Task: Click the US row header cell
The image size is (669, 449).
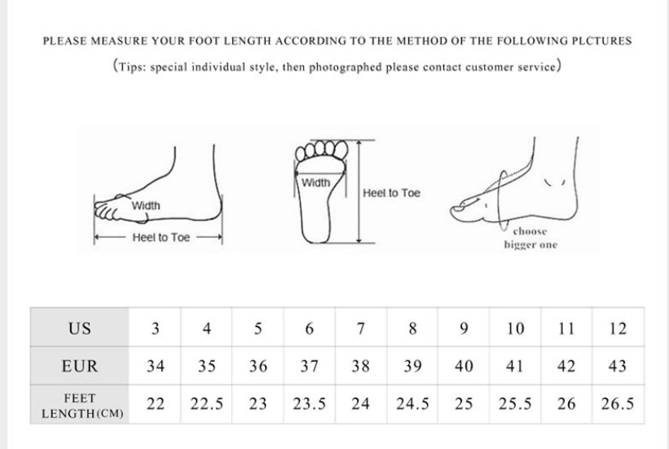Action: (79, 327)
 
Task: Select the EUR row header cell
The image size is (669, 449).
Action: (79, 365)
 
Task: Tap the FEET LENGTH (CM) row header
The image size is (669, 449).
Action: (79, 405)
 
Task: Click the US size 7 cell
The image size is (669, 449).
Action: (361, 327)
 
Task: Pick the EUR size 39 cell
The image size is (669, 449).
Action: (412, 365)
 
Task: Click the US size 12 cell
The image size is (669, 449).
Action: (618, 327)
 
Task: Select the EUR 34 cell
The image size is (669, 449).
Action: (156, 365)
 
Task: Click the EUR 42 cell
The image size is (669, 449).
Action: (566, 365)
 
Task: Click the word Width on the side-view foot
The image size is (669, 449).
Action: (146, 206)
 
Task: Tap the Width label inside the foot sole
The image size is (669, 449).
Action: (315, 183)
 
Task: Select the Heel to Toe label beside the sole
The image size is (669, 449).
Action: (391, 193)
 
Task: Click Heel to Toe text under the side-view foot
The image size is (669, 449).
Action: (161, 238)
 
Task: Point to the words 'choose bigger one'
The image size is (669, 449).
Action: (530, 238)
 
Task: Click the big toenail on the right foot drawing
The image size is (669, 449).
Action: (460, 209)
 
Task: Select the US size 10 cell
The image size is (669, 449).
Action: (515, 327)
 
